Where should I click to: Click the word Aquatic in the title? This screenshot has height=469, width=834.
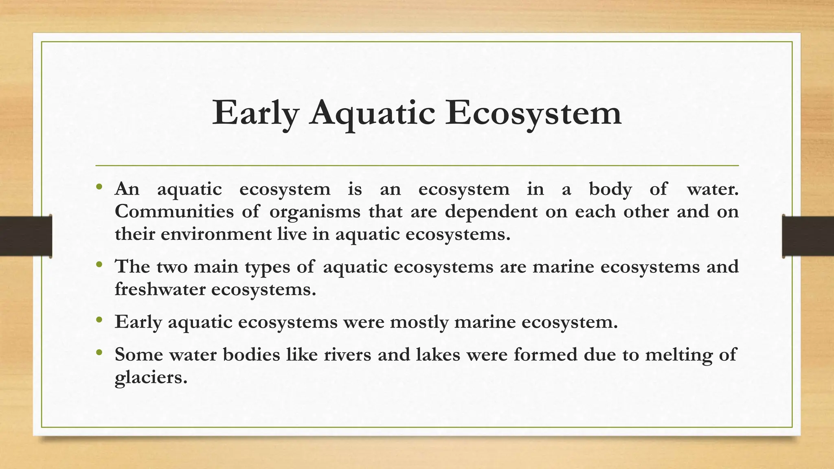coord(372,113)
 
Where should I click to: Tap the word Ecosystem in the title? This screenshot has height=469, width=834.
coord(533,113)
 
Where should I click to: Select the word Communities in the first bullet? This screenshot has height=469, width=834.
coord(174,212)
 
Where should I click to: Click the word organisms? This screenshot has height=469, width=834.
coord(315,212)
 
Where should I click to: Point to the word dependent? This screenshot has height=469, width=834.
coord(491,212)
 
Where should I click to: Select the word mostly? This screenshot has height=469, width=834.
coord(419,322)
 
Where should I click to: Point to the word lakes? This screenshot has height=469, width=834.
coord(438,355)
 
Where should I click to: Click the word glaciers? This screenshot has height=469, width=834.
coord(151,377)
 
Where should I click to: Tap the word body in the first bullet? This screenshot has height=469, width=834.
coord(610,189)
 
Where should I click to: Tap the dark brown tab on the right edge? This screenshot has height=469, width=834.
coord(808,236)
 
